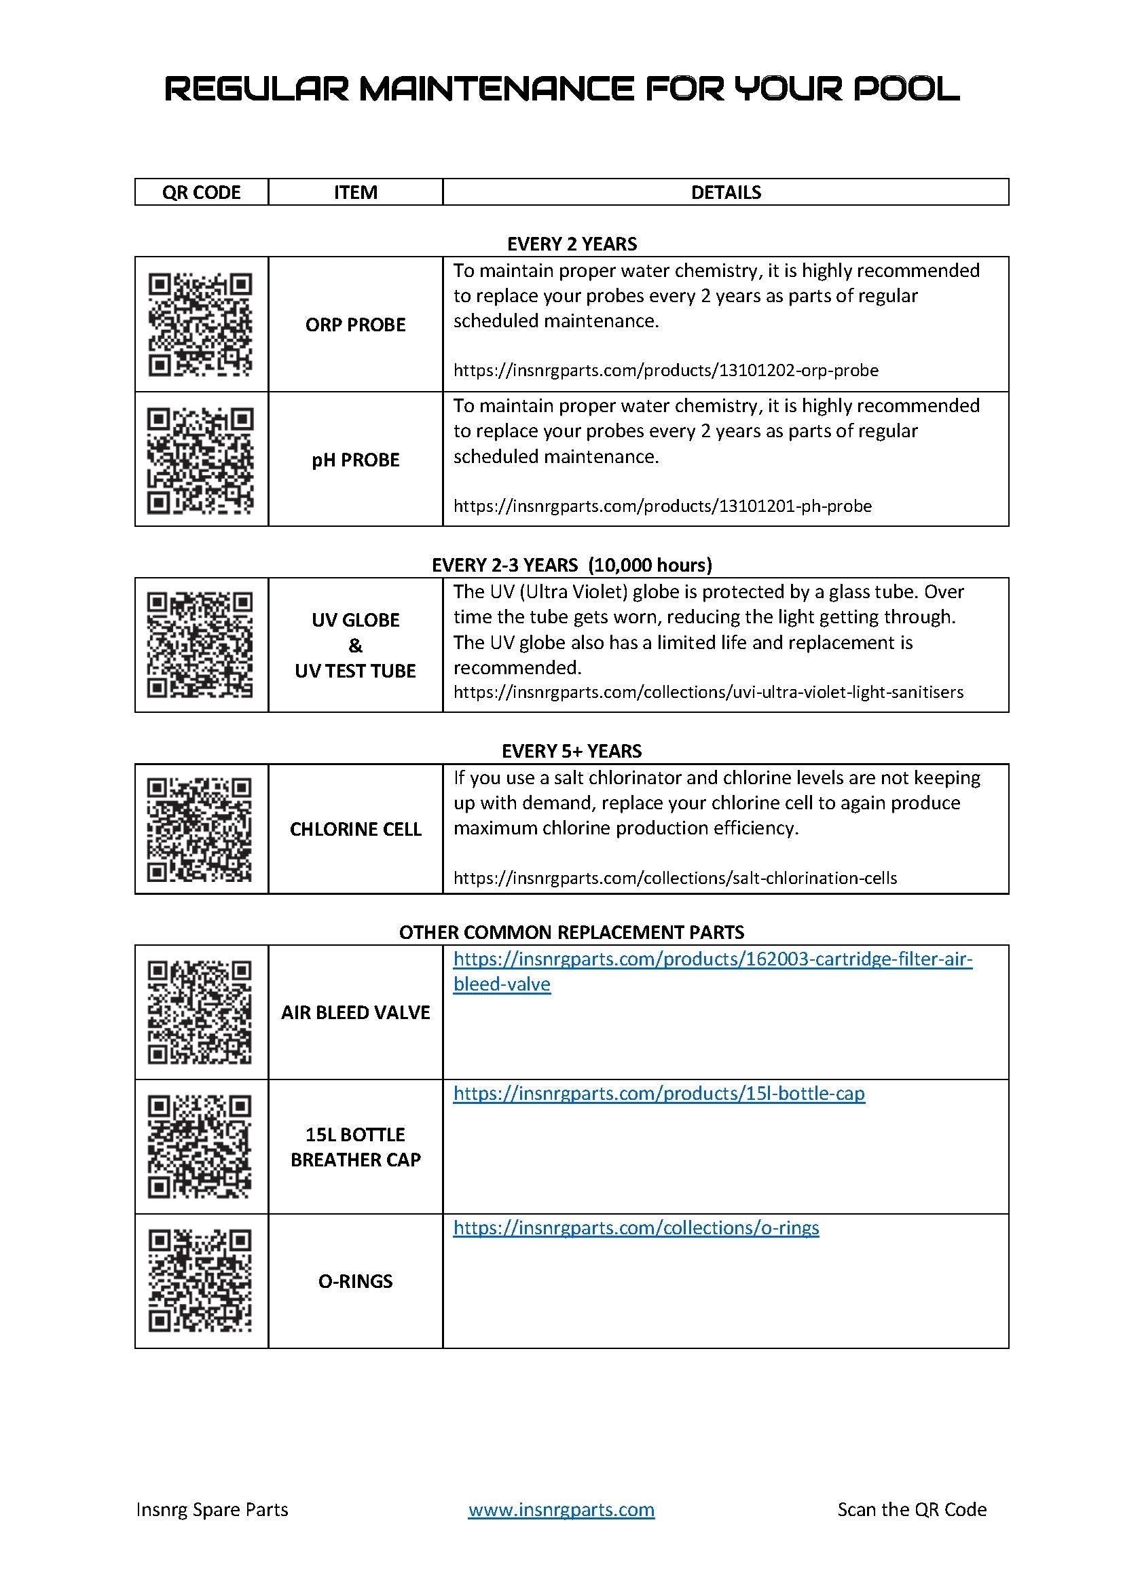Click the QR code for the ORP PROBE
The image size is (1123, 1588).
pos(200,325)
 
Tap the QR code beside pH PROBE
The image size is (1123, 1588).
pos(200,460)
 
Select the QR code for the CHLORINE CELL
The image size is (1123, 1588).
pos(200,829)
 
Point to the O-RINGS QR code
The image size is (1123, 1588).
pos(200,1281)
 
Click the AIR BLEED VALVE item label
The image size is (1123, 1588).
pos(355,1012)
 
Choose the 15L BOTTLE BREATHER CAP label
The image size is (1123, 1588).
pos(355,1147)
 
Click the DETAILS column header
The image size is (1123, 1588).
pos(725,192)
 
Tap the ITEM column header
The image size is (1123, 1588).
pos(355,192)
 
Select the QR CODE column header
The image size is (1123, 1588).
pos(201,192)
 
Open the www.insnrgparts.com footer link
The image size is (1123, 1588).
pos(561,1509)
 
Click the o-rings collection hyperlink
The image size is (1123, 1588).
pos(636,1227)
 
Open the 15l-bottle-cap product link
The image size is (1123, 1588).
pos(659,1094)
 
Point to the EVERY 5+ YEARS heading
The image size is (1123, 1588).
pos(571,751)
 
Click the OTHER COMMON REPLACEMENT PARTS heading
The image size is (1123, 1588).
pos(571,932)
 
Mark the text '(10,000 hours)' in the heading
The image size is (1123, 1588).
pos(649,565)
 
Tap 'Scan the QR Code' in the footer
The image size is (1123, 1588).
pos(911,1509)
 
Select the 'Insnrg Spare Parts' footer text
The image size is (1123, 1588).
pos(213,1509)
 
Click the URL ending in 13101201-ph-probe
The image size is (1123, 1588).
pos(662,506)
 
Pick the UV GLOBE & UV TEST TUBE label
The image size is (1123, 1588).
pos(355,645)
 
